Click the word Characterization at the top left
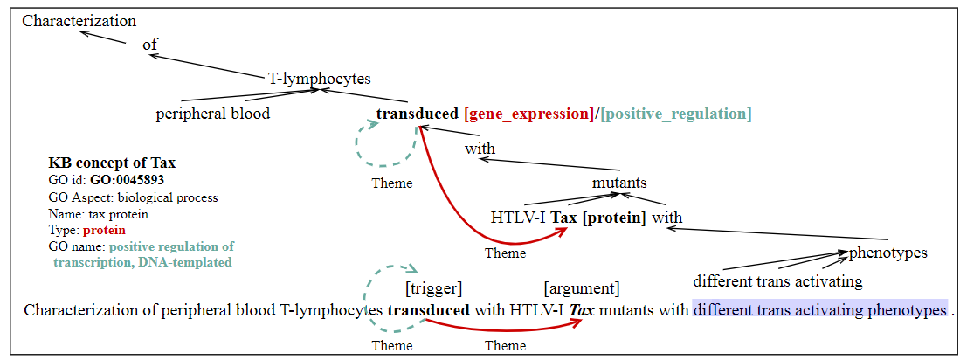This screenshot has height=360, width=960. coord(79,21)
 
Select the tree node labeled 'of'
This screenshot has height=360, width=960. coord(149,45)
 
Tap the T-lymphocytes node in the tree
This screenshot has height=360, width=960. coord(319,78)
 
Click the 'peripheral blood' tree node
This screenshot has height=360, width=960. coord(212,114)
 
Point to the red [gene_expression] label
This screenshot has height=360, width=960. coord(528,114)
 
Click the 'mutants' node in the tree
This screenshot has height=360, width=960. coord(619,183)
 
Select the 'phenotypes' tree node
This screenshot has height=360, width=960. coord(887,253)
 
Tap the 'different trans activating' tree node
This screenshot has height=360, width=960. coord(777,281)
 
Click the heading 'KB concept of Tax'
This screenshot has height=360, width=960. coord(112,163)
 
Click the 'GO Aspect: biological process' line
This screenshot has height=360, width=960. coord(133,197)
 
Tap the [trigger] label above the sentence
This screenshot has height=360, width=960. coord(433,287)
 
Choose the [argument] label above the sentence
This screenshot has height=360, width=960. coord(581,287)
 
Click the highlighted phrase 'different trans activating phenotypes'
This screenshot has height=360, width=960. coord(819,310)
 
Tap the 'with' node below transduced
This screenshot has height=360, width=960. coord(480,149)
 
